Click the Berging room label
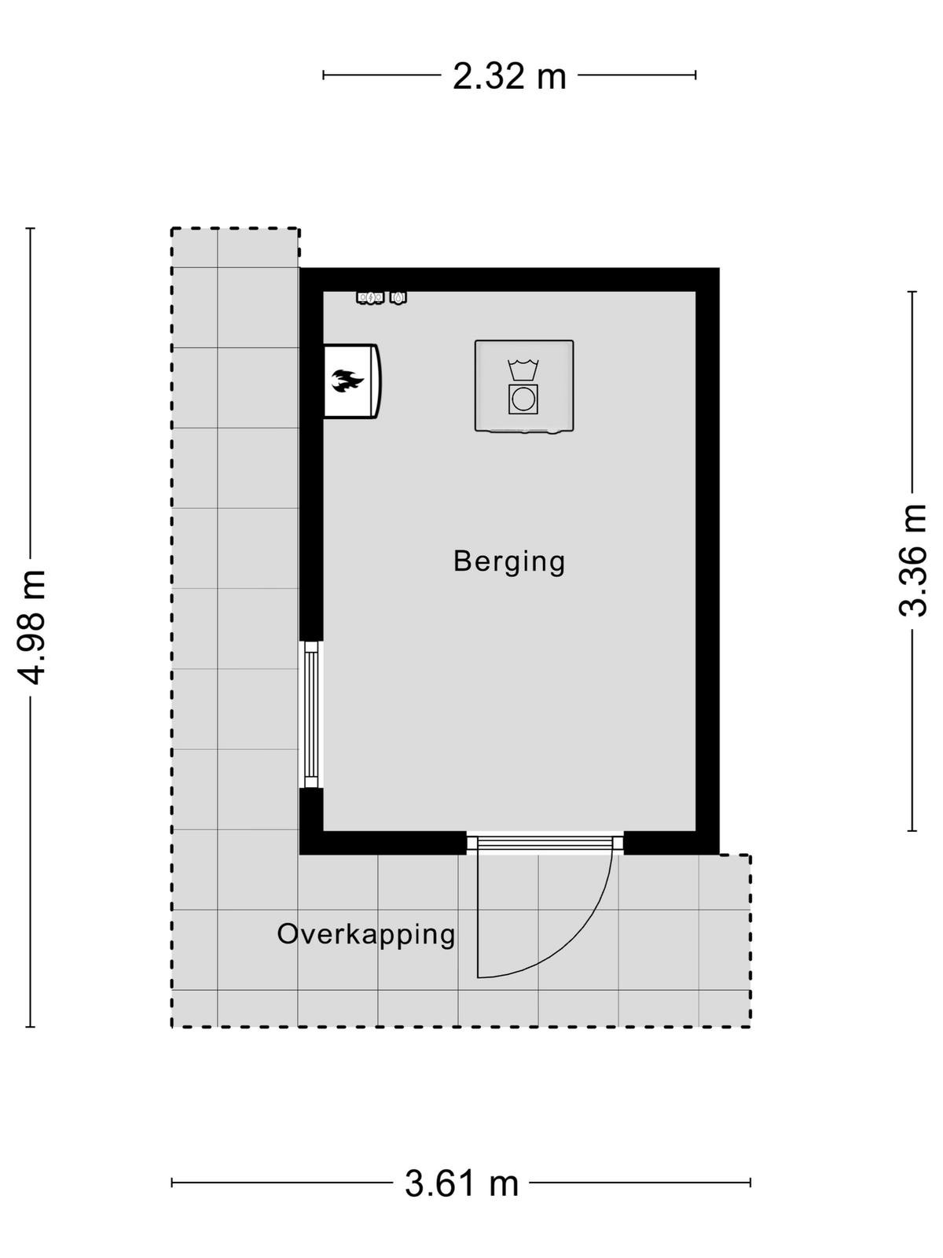coord(509,561)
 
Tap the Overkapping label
coord(366,933)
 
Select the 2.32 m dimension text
coord(509,76)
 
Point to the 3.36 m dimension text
coord(912,560)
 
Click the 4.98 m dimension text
coord(31,627)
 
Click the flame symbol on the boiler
coord(347,381)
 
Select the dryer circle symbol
coord(523,399)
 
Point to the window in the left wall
coord(311,714)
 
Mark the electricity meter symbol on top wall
coord(370,297)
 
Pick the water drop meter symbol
coord(398,297)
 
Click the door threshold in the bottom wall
coord(545,842)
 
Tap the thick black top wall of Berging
coord(509,279)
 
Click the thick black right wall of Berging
coord(707,561)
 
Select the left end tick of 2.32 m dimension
coord(324,75)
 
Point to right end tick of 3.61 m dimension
coord(750,1183)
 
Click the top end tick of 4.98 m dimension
coord(31,228)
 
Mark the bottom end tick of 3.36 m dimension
coord(912,830)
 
